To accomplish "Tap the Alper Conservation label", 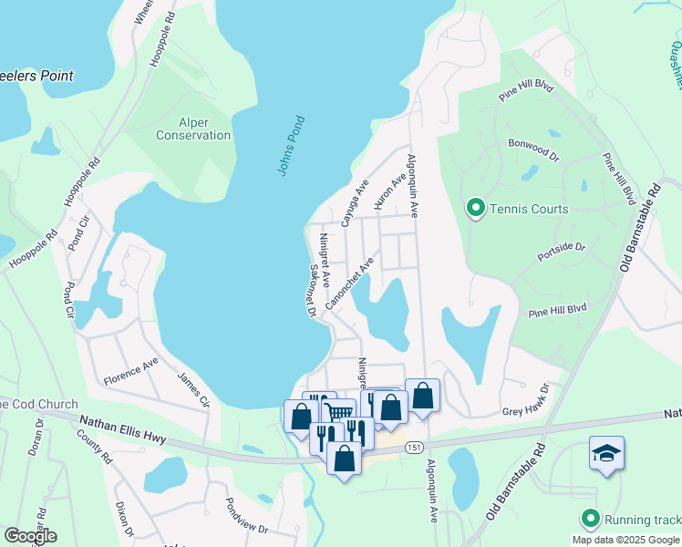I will (193, 128).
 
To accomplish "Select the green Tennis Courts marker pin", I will (475, 209).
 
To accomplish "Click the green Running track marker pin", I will (590, 520).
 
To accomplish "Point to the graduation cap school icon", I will (606, 453).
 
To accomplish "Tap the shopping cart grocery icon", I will (340, 415).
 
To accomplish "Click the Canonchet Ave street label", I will (355, 282).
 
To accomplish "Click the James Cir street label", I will (192, 390).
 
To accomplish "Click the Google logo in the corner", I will (30, 536).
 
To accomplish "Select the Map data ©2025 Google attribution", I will (625, 540).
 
